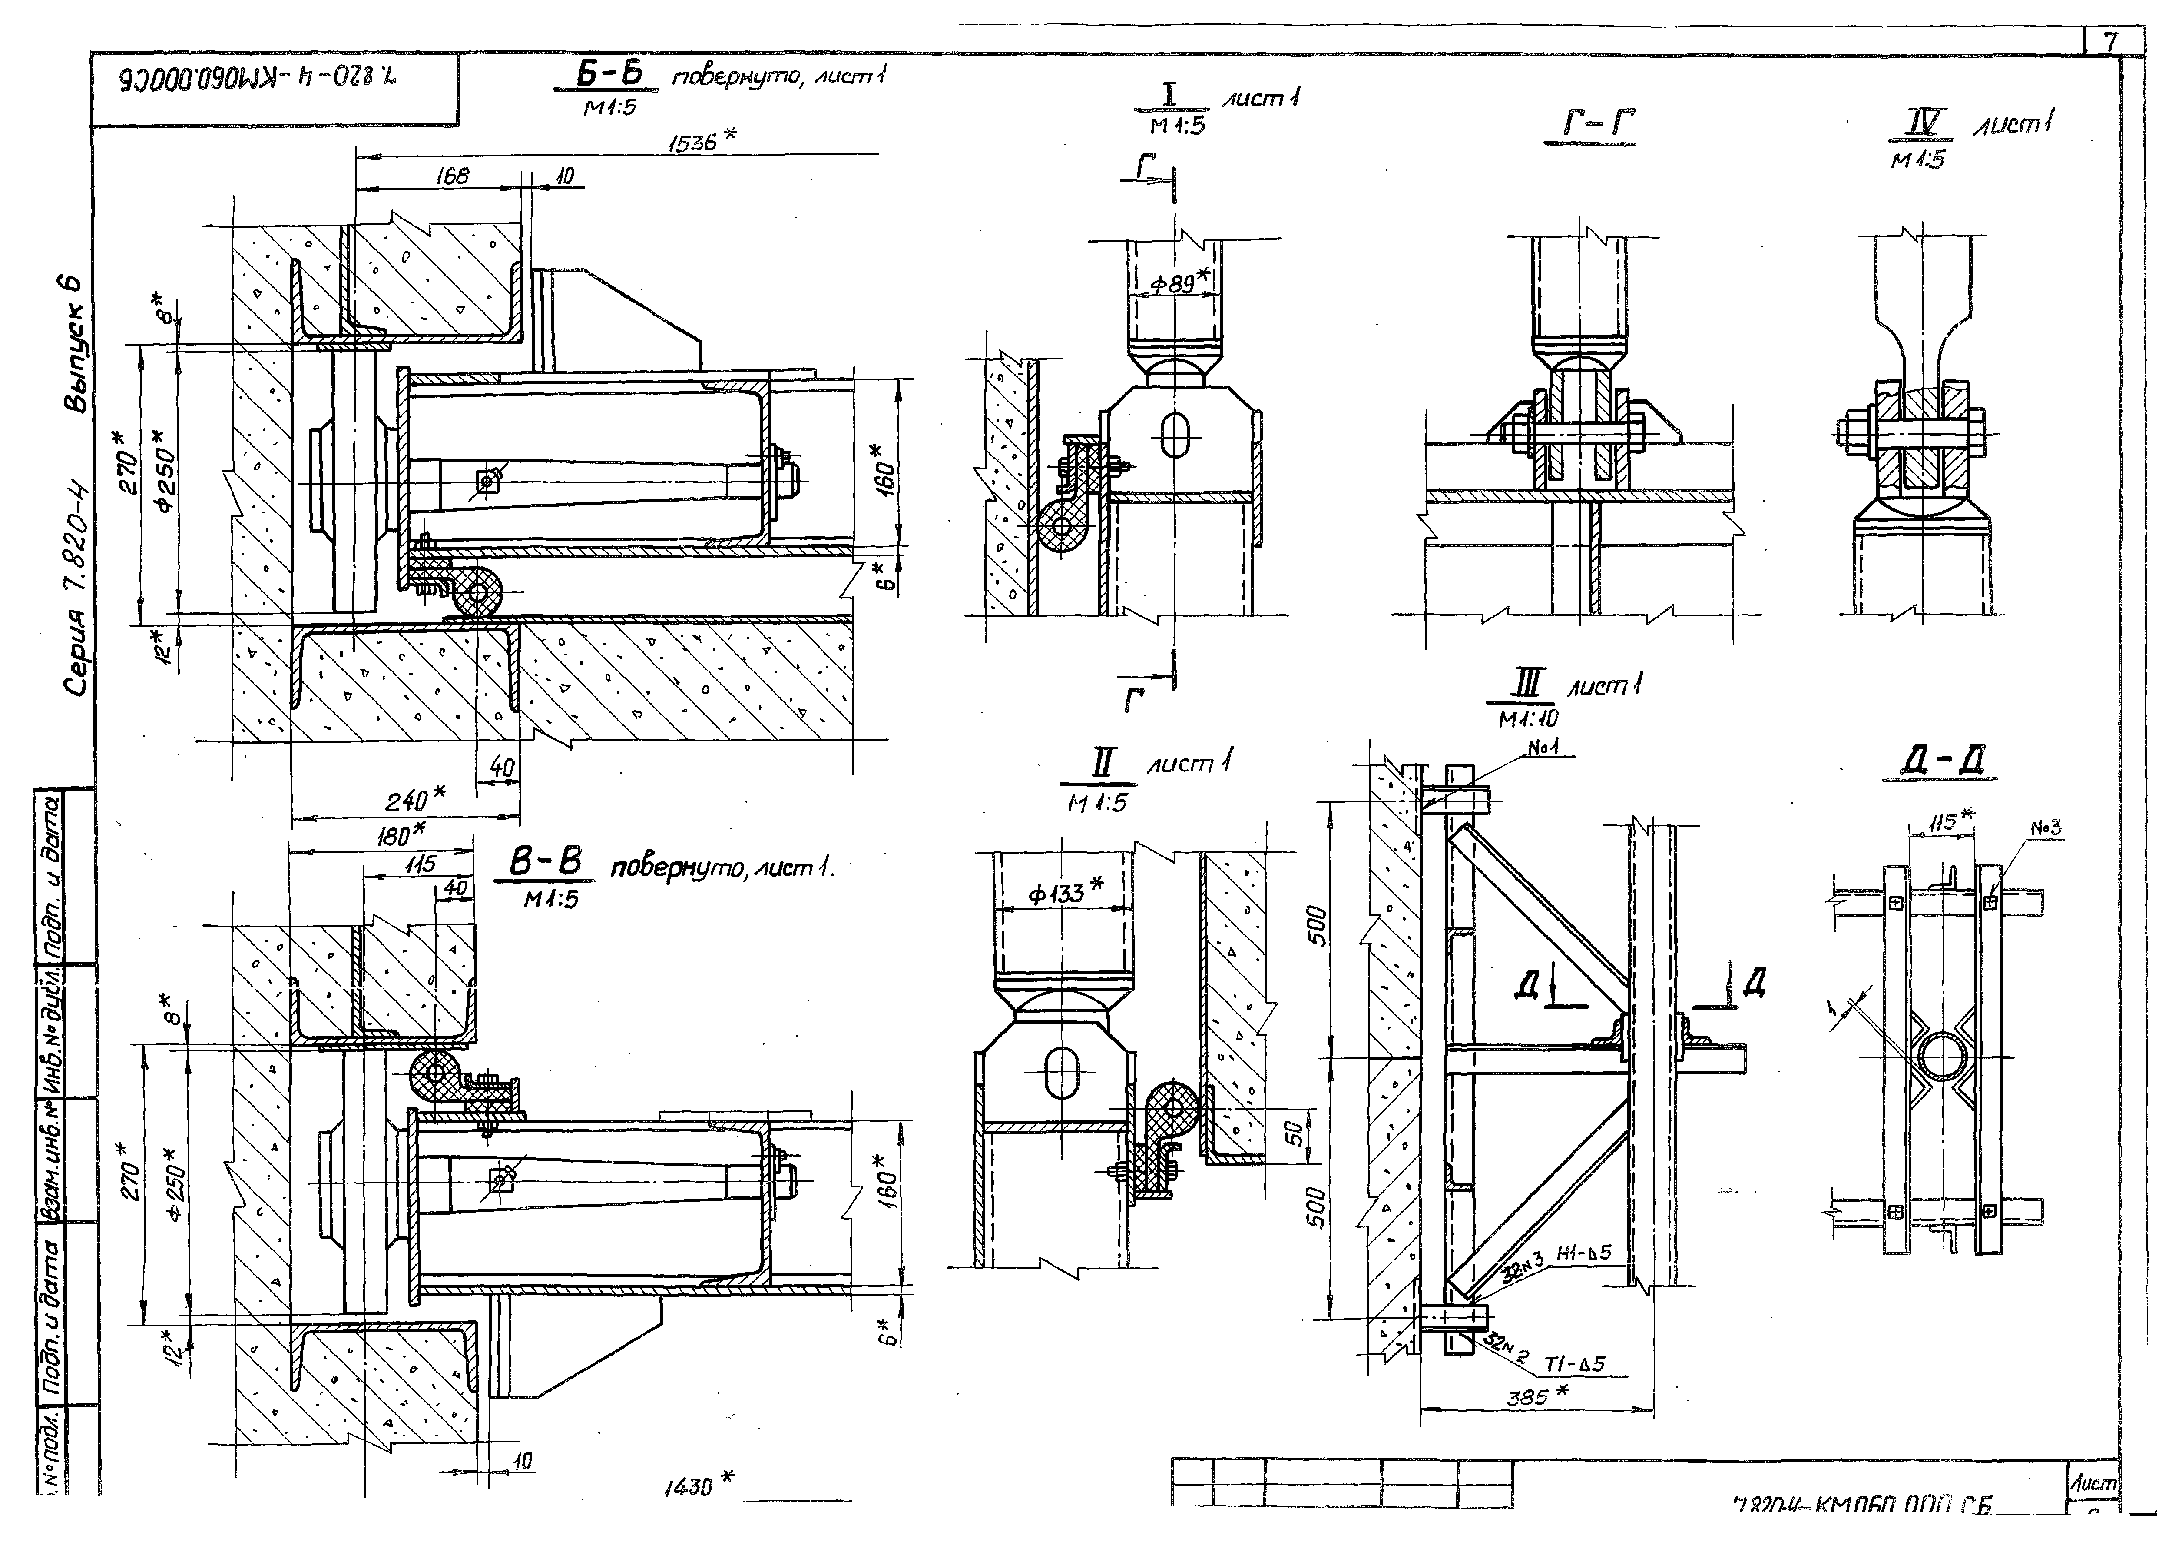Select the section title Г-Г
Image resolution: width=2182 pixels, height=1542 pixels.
click(x=1589, y=125)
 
